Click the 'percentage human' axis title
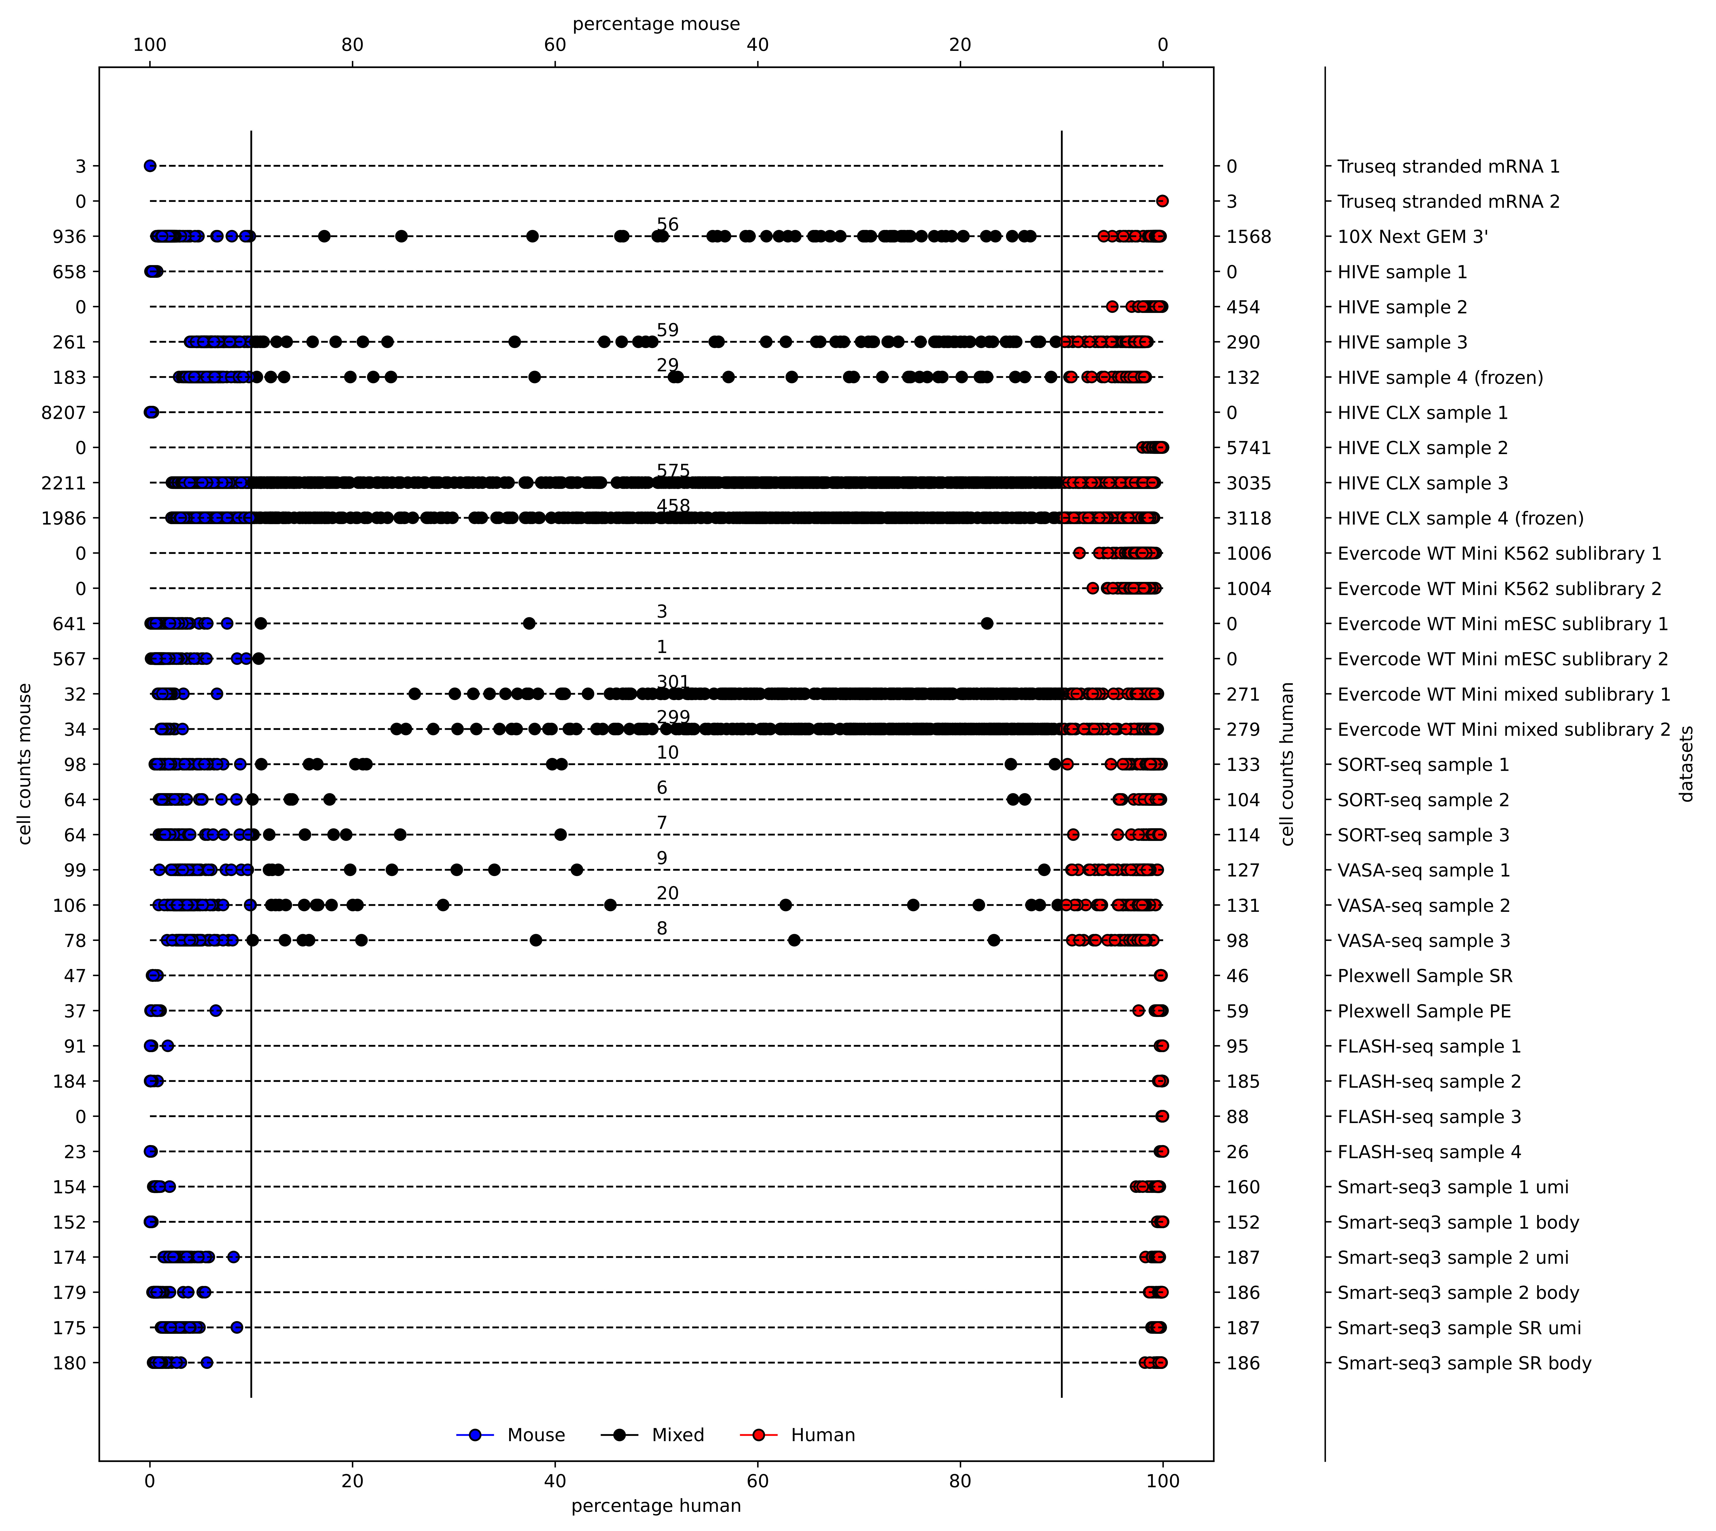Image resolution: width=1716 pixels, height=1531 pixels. coord(656,1506)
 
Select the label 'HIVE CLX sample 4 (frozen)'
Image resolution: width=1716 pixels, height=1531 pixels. coord(1460,518)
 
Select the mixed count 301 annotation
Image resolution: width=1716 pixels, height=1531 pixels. coord(673,682)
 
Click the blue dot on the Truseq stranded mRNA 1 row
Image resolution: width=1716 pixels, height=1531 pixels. coord(150,166)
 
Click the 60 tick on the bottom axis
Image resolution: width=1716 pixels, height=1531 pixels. coord(555,1481)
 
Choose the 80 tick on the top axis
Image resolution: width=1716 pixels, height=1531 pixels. coord(352,45)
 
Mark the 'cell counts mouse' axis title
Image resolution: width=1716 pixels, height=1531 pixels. coord(25,764)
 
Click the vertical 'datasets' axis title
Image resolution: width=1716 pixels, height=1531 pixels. coord(1686,764)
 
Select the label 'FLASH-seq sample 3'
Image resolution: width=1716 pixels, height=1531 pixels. coord(1429,1117)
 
